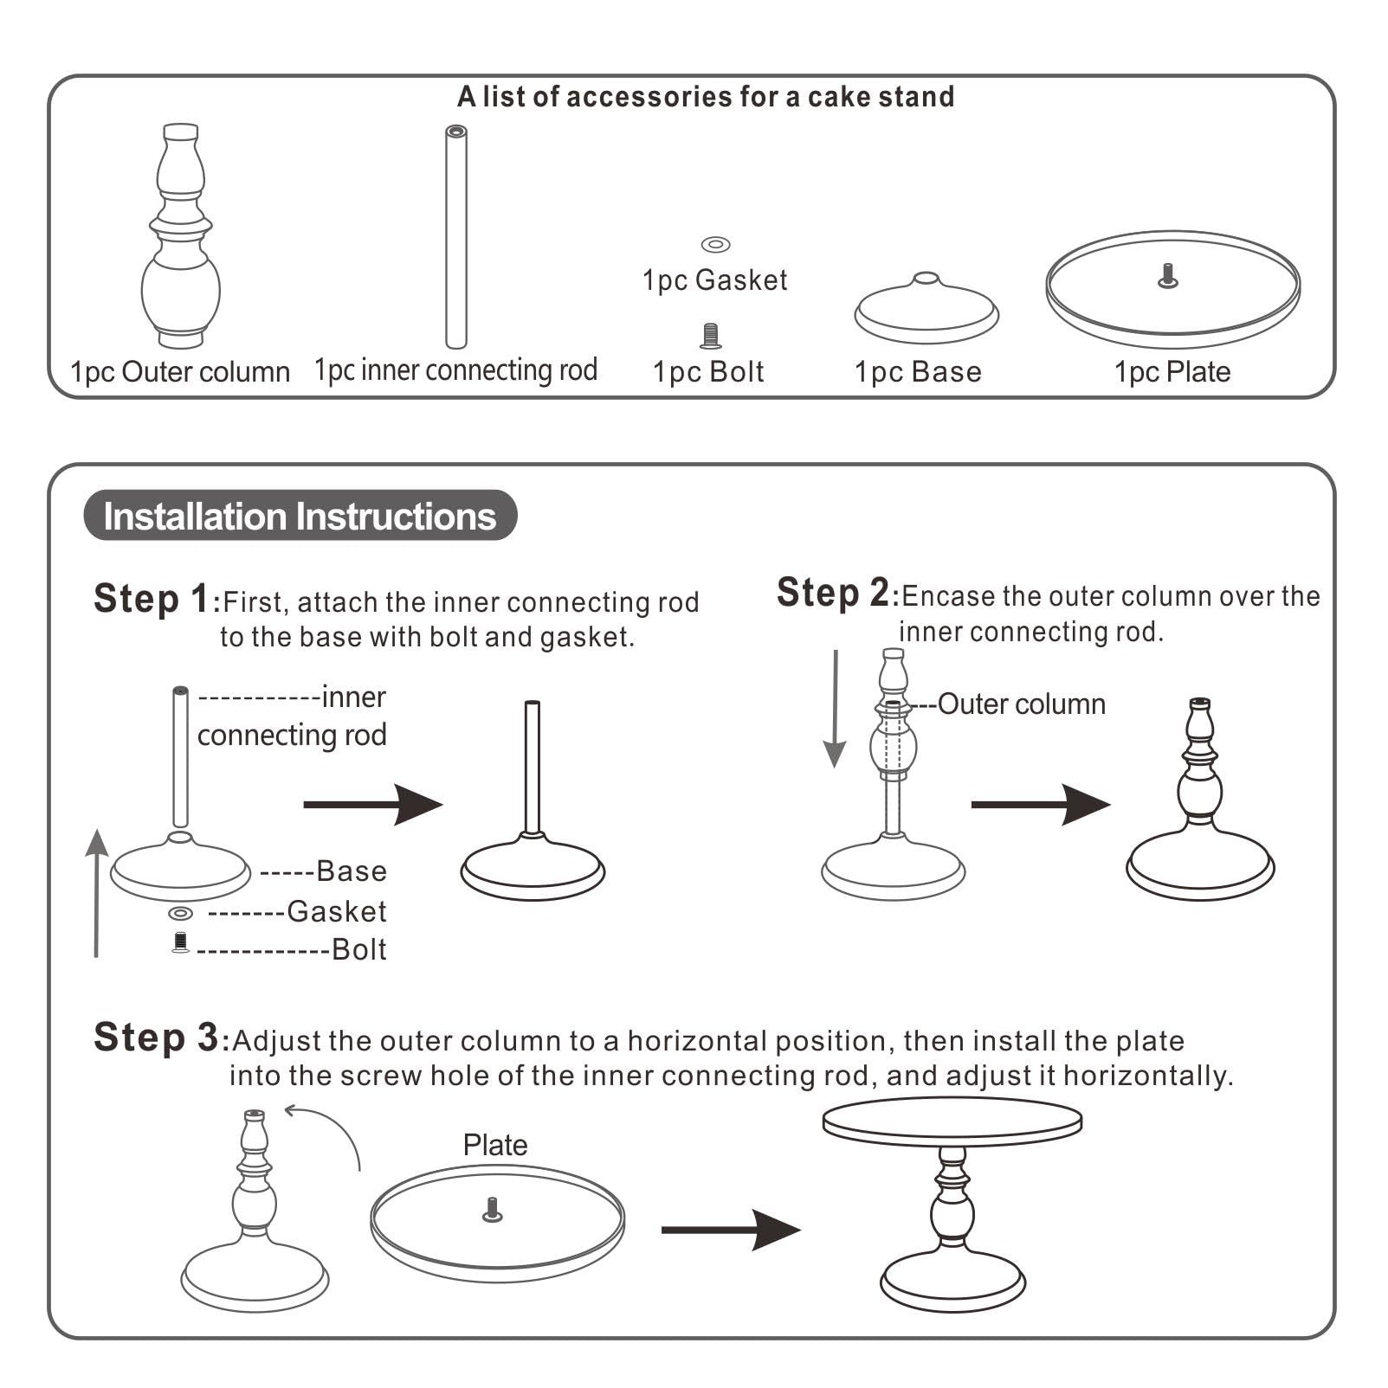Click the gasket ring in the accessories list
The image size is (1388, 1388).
pyautogui.click(x=715, y=245)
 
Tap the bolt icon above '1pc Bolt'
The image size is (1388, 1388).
pyautogui.click(x=710, y=336)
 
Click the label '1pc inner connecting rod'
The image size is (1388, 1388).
pyautogui.click(x=455, y=370)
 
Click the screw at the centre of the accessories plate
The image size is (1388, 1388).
pyautogui.click(x=1168, y=276)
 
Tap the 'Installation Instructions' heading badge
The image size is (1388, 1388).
pyautogui.click(x=300, y=516)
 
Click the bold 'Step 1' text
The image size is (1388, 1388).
pyautogui.click(x=152, y=599)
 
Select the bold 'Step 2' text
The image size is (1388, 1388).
pyautogui.click(x=833, y=593)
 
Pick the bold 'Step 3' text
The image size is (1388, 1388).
pyautogui.click(x=157, y=1038)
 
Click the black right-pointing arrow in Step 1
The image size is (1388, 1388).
pyautogui.click(x=373, y=805)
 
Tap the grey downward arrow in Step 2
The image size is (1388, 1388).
pyautogui.click(x=835, y=710)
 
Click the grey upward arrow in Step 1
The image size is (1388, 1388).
pyautogui.click(x=96, y=892)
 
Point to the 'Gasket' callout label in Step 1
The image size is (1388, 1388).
pyautogui.click(x=337, y=911)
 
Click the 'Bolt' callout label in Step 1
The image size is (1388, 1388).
pyautogui.click(x=359, y=949)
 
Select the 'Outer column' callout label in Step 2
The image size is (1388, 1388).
pyautogui.click(x=1021, y=704)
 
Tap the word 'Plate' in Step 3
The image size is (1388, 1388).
pyautogui.click(x=495, y=1145)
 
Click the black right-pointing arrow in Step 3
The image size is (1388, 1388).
pyautogui.click(x=731, y=1230)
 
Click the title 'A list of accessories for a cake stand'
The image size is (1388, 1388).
pyautogui.click(x=706, y=97)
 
